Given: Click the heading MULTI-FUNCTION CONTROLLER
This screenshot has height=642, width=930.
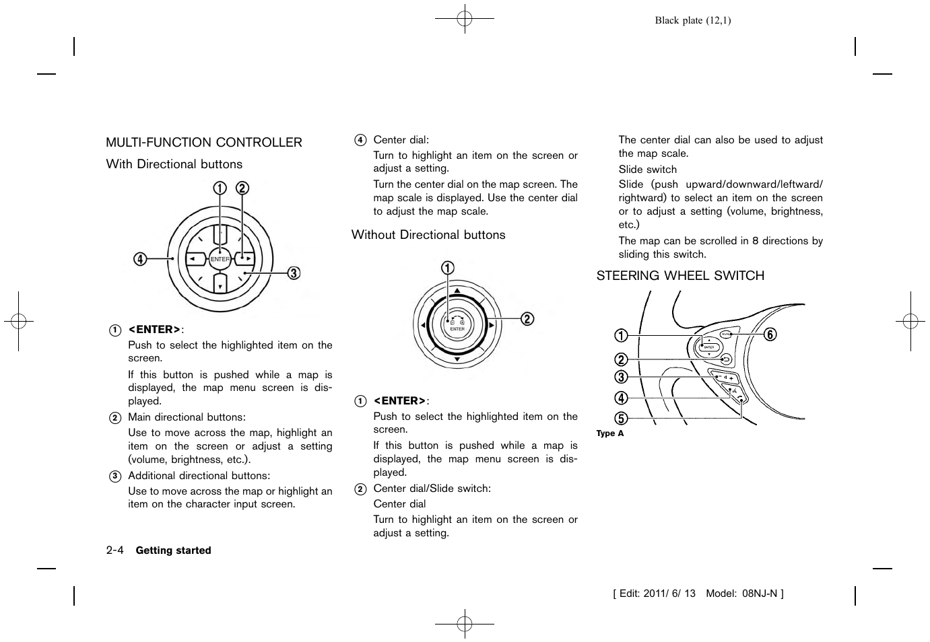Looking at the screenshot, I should point(204,143).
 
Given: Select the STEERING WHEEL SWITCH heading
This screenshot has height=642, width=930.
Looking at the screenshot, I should point(680,276).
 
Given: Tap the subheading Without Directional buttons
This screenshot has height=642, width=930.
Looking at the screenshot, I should point(428,235).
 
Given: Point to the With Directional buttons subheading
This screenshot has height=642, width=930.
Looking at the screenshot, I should point(174,164).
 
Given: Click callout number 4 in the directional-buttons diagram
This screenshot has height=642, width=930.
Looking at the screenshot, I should point(140,258).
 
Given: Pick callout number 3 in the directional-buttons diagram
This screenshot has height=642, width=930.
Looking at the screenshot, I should point(294,273).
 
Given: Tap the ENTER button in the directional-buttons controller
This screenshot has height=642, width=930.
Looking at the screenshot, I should point(220,259).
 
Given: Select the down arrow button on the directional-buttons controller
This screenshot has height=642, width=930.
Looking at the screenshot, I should point(220,283).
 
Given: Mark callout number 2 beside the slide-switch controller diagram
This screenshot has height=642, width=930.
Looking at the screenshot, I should point(527,318).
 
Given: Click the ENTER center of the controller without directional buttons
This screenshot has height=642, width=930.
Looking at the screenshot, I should point(457,325).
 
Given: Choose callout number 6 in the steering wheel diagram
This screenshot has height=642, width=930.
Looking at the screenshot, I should point(770,334).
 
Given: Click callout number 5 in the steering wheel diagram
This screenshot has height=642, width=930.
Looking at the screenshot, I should point(621,418).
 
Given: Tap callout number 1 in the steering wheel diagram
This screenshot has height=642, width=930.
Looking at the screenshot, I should point(621,335).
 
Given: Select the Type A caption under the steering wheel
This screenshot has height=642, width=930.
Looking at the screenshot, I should point(610,433).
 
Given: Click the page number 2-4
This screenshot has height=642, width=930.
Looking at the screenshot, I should point(114,550).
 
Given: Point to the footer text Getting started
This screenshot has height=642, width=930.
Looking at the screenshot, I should point(173,550).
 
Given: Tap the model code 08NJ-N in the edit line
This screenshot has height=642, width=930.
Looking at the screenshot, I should point(760,594).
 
